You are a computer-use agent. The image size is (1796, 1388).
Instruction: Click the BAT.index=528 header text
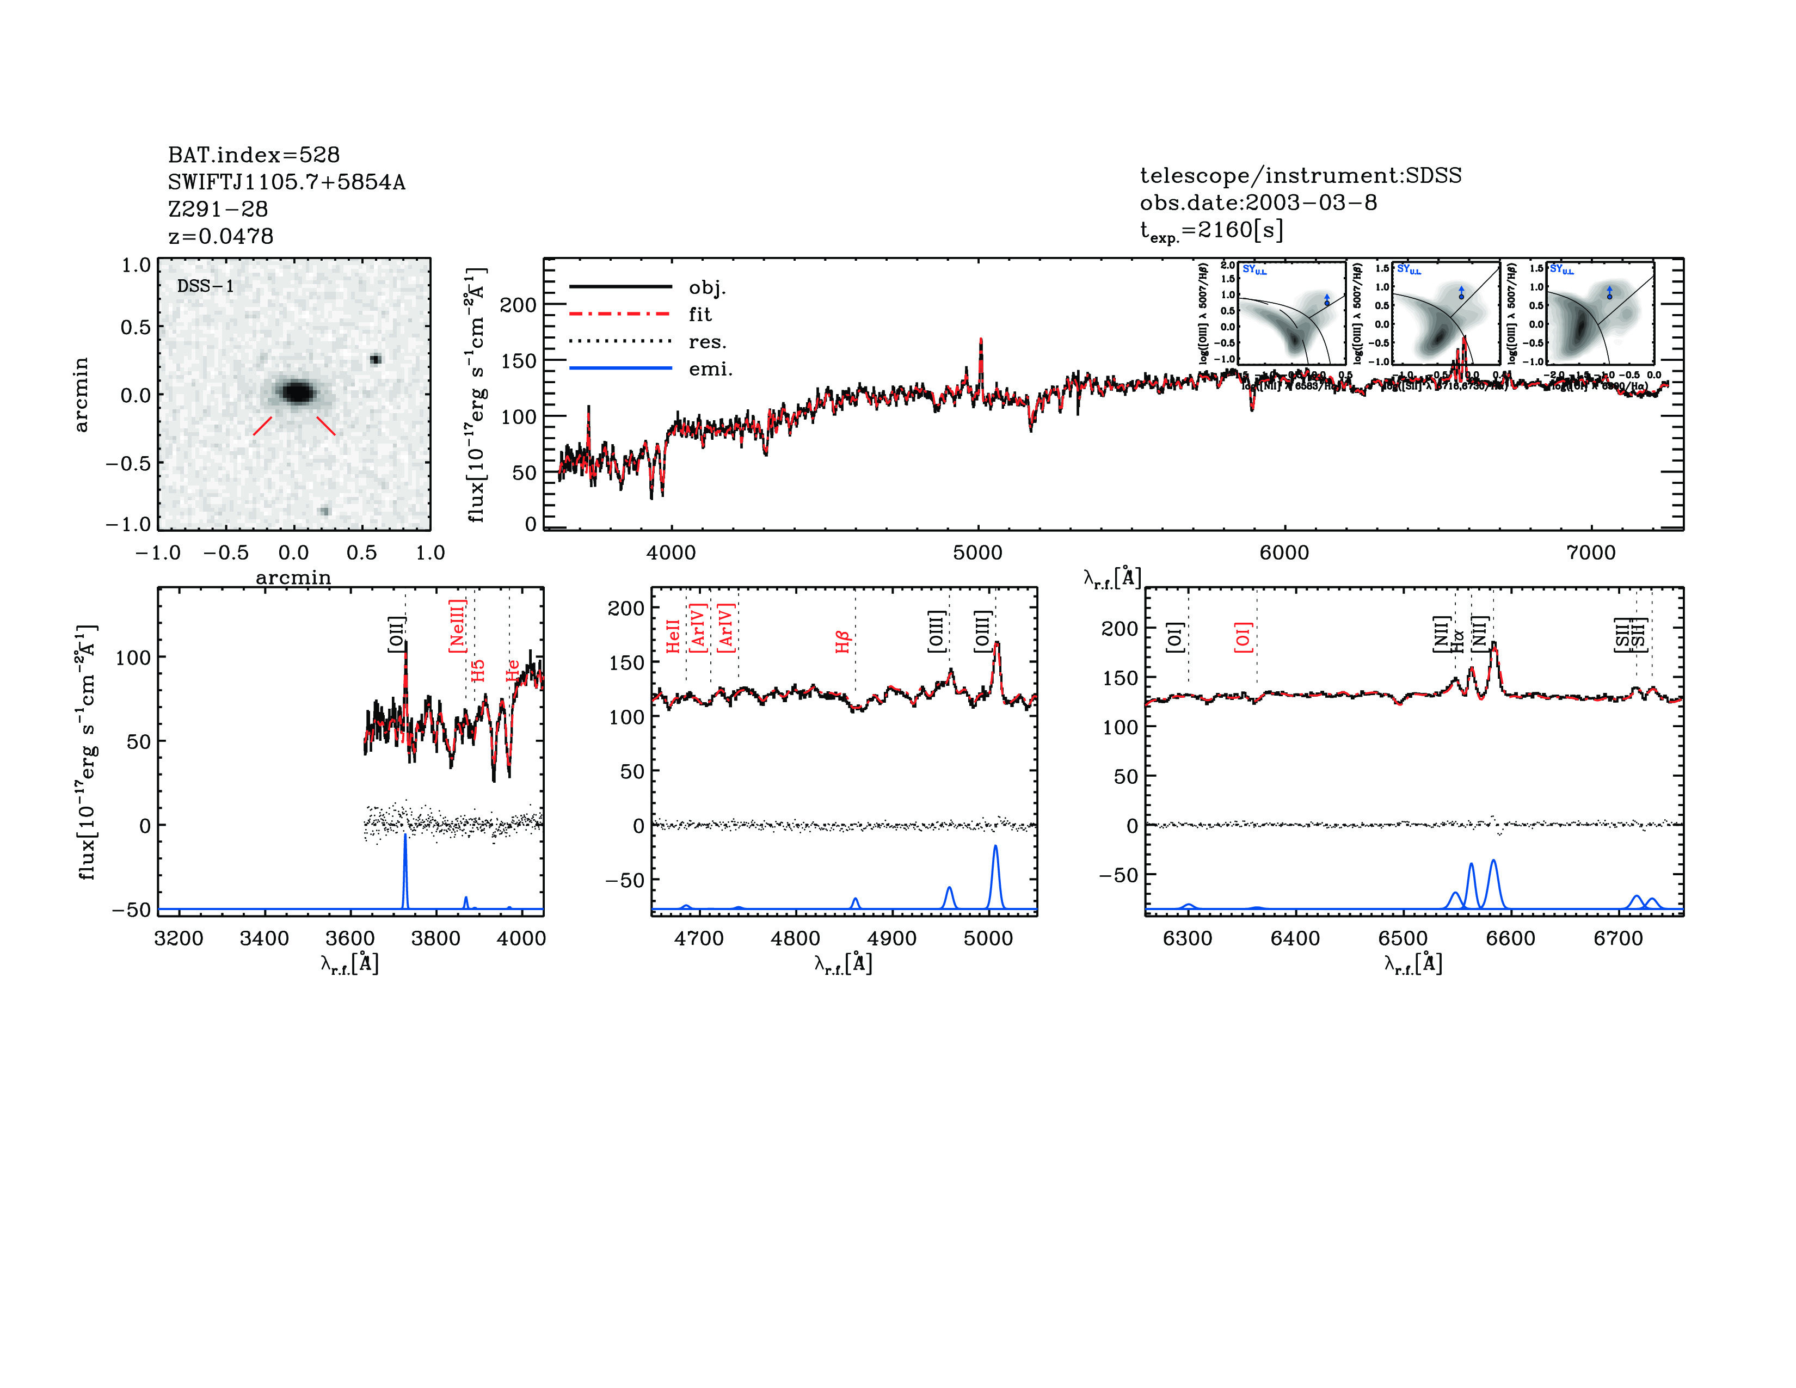pyautogui.click(x=253, y=155)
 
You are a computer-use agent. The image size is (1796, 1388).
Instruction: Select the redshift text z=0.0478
pyautogui.click(x=220, y=236)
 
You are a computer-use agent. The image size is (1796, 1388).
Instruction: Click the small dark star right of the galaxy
pyautogui.click(x=375, y=359)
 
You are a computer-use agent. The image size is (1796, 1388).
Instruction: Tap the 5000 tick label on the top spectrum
pyautogui.click(x=978, y=552)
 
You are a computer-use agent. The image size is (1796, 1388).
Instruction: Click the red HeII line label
pyautogui.click(x=673, y=636)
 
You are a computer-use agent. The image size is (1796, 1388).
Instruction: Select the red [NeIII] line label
pyautogui.click(x=457, y=626)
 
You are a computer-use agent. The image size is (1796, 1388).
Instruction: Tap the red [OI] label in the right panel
pyautogui.click(x=1243, y=637)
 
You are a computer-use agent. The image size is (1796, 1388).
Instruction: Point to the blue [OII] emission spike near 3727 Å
pyautogui.click(x=404, y=839)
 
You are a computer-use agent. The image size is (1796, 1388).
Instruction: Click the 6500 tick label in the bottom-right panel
pyautogui.click(x=1403, y=938)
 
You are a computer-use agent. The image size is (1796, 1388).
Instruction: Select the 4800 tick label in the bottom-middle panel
pyautogui.click(x=795, y=938)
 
